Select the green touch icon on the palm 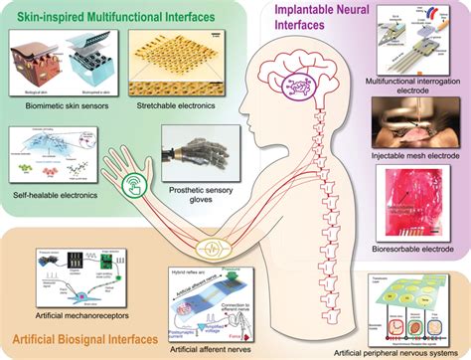135,185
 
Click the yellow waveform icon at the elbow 236,245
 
